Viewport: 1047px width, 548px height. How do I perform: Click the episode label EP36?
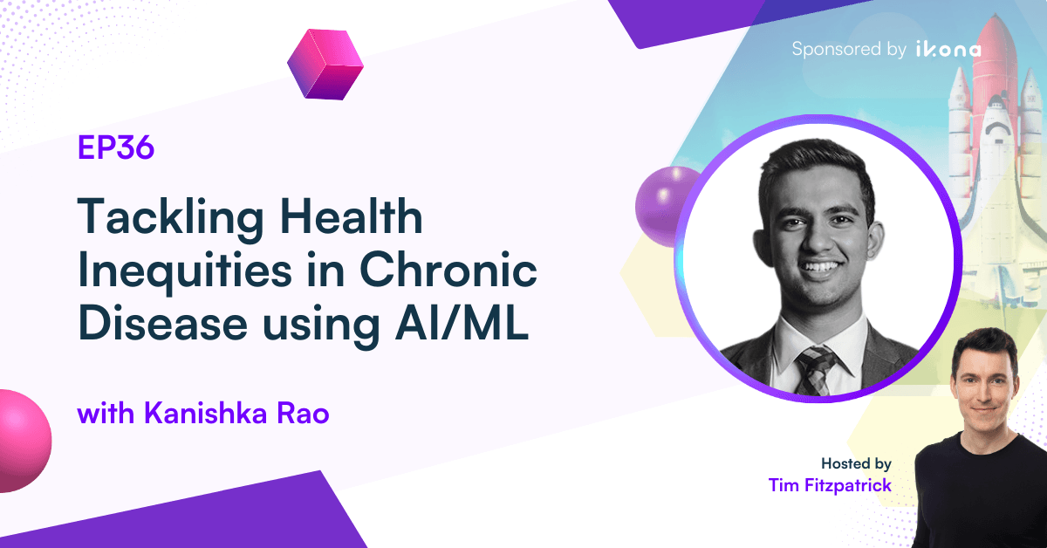[x=115, y=149]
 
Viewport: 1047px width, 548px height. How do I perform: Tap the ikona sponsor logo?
[x=948, y=50]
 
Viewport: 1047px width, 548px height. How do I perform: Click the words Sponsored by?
[x=848, y=50]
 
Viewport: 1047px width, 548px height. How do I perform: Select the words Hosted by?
[x=856, y=463]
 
